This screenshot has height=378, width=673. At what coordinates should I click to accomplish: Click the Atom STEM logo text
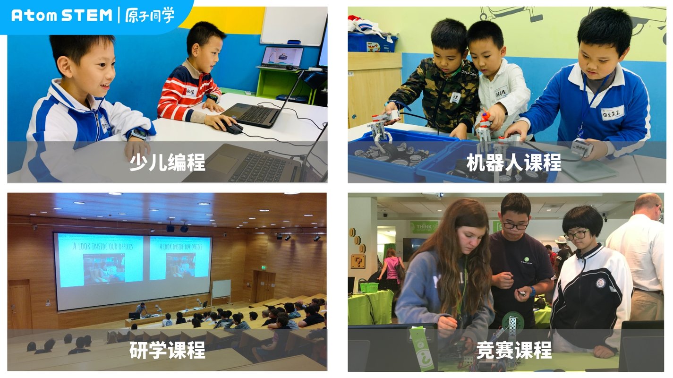coord(61,15)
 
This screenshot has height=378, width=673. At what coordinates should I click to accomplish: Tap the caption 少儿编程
coord(167,162)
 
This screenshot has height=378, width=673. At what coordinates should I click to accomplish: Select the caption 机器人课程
coord(513,162)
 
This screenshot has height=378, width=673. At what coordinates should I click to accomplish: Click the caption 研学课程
coord(167,350)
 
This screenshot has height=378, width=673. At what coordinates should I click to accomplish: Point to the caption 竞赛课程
coord(513,350)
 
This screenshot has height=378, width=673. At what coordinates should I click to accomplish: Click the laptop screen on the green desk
coord(282,56)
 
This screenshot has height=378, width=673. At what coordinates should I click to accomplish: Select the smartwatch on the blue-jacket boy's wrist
coord(138,134)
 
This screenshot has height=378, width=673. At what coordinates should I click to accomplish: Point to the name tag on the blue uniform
coord(613,113)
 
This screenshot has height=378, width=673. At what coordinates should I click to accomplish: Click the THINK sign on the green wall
coord(424,227)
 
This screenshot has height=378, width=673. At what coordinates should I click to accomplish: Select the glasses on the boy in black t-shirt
coord(515,226)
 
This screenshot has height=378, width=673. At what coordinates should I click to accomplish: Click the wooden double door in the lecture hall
coord(264,286)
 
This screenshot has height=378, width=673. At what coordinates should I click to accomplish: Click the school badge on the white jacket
coord(600,283)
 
